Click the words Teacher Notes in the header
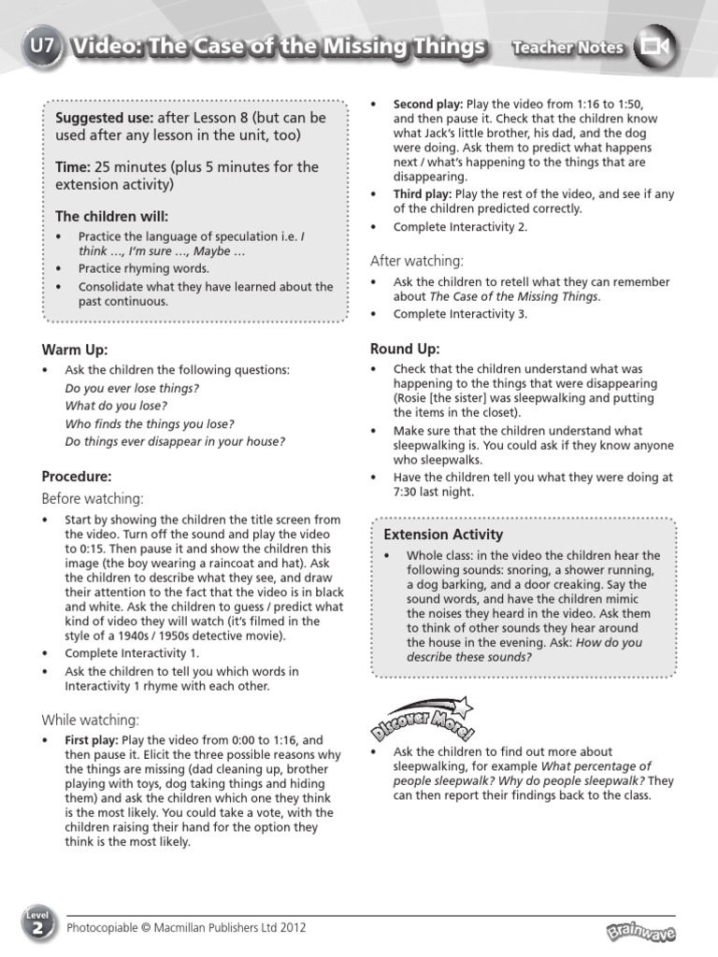pyautogui.click(x=567, y=47)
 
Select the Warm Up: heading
pyautogui.click(x=75, y=350)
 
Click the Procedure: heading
pyautogui.click(x=77, y=476)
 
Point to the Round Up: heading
pyautogui.click(x=405, y=349)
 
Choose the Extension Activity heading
pyautogui.click(x=444, y=534)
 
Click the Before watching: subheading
pyautogui.click(x=93, y=498)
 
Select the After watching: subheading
pyautogui.click(x=417, y=260)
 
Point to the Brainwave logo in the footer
pyautogui.click(x=640, y=931)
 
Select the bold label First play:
pyautogui.click(x=92, y=739)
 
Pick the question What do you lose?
pyautogui.click(x=116, y=406)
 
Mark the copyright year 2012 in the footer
pyautogui.click(x=291, y=928)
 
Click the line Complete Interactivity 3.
pyautogui.click(x=460, y=314)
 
